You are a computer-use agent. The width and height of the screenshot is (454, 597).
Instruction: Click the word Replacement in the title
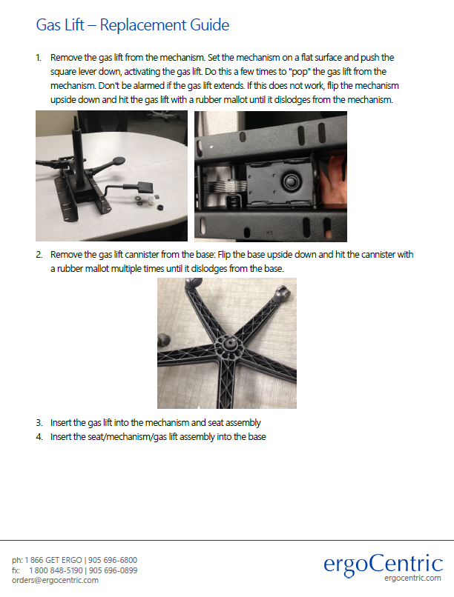[143, 25]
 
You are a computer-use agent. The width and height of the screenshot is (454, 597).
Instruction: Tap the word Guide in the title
[210, 24]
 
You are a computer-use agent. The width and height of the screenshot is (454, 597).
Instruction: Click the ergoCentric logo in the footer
[383, 565]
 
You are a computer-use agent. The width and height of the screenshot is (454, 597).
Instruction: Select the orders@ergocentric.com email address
[55, 580]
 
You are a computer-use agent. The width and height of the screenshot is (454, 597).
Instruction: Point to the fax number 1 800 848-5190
[56, 570]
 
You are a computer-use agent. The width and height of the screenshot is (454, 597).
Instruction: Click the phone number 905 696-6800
[113, 560]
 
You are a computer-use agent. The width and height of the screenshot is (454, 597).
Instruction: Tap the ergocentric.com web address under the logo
[412, 578]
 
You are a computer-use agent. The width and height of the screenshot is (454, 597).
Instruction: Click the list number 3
[39, 423]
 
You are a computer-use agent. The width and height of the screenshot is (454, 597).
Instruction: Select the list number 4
[39, 437]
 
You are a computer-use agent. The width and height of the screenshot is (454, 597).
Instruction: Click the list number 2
[39, 255]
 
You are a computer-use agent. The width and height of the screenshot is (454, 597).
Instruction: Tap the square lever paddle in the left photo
[145, 187]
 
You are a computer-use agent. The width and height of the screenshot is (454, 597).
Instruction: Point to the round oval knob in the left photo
[119, 161]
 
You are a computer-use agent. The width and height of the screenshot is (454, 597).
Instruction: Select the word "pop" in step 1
[300, 72]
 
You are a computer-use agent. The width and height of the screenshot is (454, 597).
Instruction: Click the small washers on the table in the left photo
[148, 201]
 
